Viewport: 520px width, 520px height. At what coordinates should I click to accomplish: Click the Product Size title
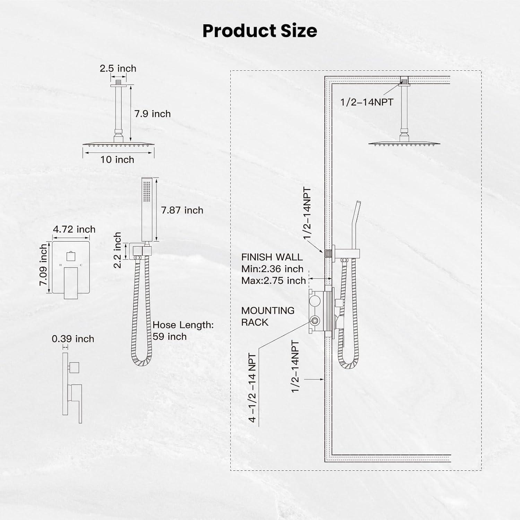pos(260,31)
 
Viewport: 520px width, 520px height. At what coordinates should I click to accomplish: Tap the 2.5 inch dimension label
pos(118,68)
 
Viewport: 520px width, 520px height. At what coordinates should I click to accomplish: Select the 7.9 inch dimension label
pos(153,114)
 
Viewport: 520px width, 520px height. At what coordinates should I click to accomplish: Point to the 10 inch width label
pos(117,159)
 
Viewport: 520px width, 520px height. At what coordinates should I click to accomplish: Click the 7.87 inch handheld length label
pos(182,210)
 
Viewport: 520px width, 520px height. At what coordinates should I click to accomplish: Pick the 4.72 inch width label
pos(74,229)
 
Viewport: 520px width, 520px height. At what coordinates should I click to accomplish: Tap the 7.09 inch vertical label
pos(43,265)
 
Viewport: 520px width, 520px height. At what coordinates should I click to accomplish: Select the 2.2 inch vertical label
pos(118,250)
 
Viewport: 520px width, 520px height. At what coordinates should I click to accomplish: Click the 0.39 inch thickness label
pos(73,339)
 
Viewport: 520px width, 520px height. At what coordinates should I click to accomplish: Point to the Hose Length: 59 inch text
pos(183,331)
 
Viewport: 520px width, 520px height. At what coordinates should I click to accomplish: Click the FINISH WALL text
pos(272,257)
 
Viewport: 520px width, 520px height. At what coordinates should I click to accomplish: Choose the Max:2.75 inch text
pos(274,280)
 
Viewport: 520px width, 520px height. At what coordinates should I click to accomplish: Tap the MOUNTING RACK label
pos(268,316)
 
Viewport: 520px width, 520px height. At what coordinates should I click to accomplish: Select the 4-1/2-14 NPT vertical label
pos(252,388)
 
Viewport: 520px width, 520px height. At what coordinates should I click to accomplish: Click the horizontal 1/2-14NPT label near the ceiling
pos(367,102)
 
